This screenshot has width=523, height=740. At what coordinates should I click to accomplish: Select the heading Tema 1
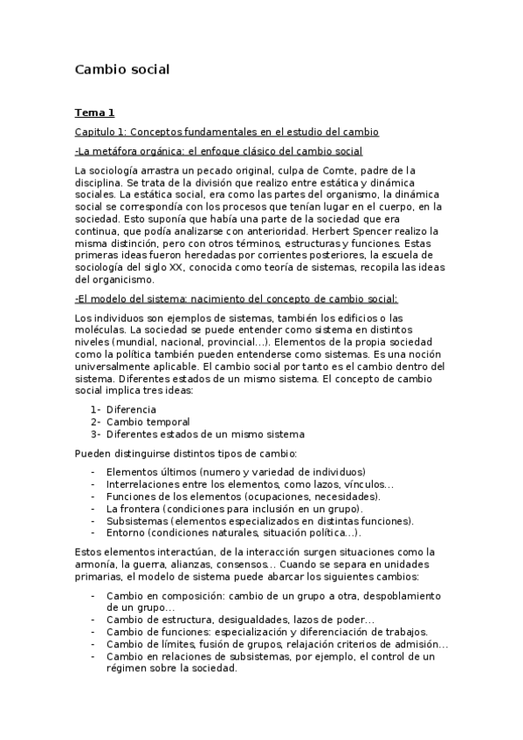94,113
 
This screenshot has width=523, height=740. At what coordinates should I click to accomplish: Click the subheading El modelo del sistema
236,298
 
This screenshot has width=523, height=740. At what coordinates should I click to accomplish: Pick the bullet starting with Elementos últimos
236,471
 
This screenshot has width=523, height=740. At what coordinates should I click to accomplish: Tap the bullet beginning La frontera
235,508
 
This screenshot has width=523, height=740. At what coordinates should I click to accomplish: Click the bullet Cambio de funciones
266,631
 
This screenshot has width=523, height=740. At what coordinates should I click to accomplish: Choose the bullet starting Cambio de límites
278,644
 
